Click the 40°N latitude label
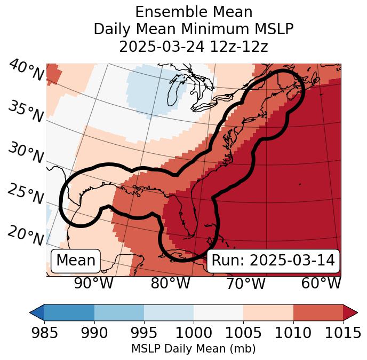click(x=26, y=70)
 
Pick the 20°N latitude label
click(x=26, y=236)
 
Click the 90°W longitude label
click(x=93, y=284)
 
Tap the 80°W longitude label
click(x=170, y=284)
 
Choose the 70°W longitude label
click(x=245, y=284)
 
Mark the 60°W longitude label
click(x=321, y=284)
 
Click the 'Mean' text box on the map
click(x=76, y=261)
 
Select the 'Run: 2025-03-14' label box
click(x=273, y=261)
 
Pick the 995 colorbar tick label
click(x=144, y=333)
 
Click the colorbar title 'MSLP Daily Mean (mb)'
click(x=193, y=349)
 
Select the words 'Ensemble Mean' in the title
click(x=194, y=12)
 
